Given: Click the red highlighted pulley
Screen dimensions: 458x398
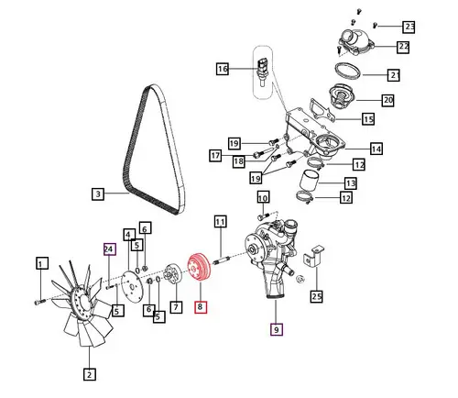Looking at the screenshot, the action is [x=199, y=268].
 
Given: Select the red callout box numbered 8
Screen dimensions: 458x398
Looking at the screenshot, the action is [x=201, y=306].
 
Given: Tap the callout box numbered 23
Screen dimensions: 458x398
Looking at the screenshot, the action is [x=409, y=27].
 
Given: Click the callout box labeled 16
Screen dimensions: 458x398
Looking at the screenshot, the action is [x=223, y=69].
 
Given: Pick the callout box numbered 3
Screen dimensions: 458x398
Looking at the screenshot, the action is [x=98, y=194].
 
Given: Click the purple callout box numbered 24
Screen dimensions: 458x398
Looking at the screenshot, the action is [x=110, y=249].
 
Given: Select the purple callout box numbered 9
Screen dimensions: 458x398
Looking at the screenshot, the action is [x=277, y=329].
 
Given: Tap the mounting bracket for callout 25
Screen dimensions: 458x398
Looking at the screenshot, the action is [x=313, y=256].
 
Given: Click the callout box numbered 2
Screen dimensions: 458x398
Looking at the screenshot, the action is [x=90, y=374].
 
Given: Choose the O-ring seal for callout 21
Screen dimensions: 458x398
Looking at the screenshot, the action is [x=348, y=71].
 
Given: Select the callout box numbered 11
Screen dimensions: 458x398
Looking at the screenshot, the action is [x=220, y=222].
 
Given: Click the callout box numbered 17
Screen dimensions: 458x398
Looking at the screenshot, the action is [x=215, y=156].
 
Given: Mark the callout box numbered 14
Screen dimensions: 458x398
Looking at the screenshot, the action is [x=376, y=149].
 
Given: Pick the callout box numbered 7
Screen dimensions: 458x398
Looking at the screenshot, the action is [x=176, y=307].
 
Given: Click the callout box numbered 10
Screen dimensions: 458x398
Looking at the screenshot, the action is [x=263, y=197].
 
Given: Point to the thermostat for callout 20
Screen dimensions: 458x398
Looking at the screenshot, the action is [x=341, y=96].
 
